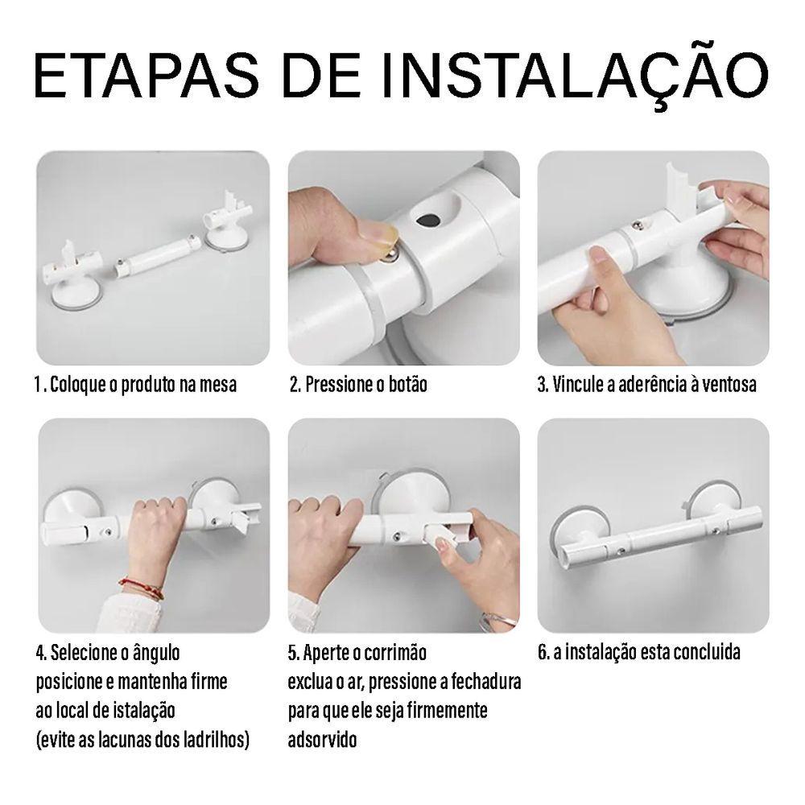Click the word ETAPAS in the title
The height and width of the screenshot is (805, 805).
coord(147,76)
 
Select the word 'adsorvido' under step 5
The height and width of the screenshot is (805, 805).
coord(322,740)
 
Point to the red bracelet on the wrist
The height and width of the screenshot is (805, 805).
coord(142,588)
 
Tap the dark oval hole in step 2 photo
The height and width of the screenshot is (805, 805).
coord(429,220)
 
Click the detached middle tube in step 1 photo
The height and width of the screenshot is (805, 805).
coord(157,256)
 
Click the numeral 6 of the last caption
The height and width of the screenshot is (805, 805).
coord(542,652)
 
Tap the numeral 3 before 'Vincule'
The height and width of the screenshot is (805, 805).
coord(542,385)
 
